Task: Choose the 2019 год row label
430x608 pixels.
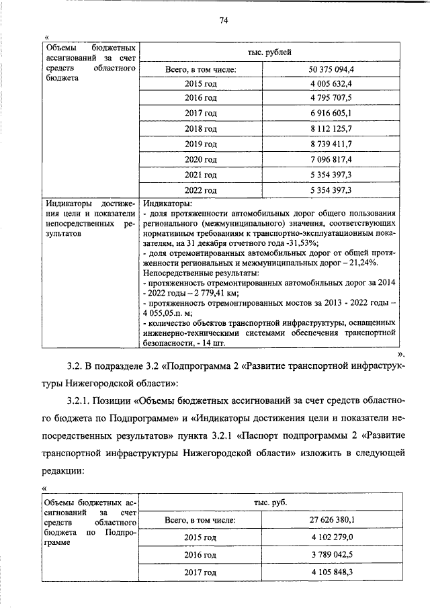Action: coord(201,144)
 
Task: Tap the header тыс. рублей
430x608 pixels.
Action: coord(269,51)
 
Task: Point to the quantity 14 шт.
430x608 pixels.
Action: coord(227,342)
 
